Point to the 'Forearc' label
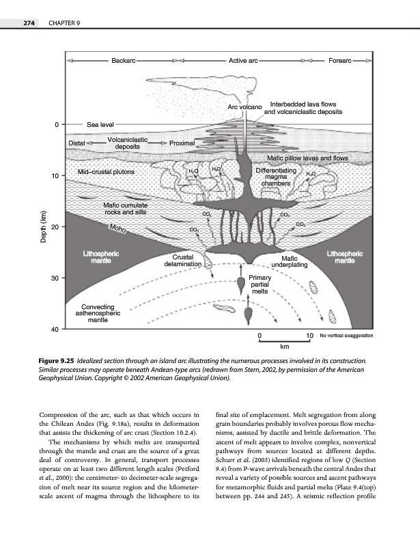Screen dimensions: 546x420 (339, 61)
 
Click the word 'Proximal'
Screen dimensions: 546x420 (182, 143)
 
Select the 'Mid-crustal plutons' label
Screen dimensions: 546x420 (107, 172)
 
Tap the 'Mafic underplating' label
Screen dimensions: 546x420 (290, 261)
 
